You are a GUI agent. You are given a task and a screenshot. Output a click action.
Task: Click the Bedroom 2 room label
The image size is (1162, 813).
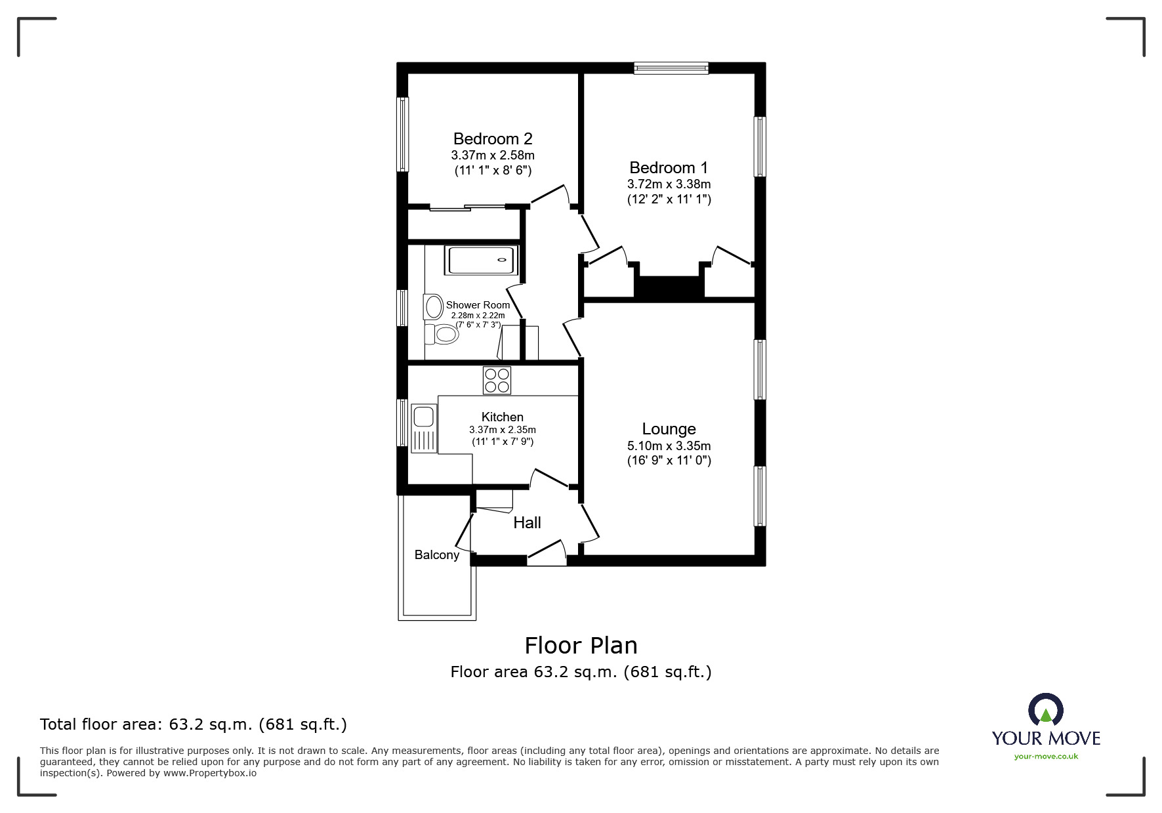[x=493, y=138]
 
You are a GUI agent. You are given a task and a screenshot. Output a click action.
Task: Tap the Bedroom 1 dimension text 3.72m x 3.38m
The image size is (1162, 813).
[x=669, y=184]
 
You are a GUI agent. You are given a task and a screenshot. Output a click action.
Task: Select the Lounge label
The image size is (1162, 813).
[x=669, y=428]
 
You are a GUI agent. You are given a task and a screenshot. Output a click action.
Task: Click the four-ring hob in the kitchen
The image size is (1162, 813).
[x=497, y=380]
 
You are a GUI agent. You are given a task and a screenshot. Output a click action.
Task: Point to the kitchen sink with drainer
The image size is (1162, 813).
[x=423, y=428]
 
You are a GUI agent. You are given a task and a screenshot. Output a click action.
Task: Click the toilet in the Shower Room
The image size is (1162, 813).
[x=442, y=335]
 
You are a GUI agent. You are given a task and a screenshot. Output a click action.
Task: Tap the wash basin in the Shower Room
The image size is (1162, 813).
[x=433, y=306]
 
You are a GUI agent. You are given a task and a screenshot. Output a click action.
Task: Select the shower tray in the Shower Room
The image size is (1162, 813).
[x=482, y=260]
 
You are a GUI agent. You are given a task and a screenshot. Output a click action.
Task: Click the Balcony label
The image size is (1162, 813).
[x=436, y=554]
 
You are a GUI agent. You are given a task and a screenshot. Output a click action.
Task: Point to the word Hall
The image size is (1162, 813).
[x=527, y=522]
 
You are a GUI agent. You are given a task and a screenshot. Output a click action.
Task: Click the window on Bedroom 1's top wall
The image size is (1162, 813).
[x=671, y=67]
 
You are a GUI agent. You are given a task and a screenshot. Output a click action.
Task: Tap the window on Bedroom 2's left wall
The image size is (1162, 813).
[x=403, y=135]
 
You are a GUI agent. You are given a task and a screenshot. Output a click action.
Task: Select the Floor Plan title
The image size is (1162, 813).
[x=581, y=645]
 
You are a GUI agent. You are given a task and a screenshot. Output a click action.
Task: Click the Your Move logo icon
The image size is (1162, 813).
[x=1045, y=711]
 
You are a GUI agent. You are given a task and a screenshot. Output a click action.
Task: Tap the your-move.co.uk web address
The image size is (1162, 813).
[x=1046, y=756]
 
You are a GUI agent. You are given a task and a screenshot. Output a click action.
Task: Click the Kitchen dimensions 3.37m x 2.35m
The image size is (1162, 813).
[x=502, y=430]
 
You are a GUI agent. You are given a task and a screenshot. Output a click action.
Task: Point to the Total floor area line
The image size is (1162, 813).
[x=194, y=724]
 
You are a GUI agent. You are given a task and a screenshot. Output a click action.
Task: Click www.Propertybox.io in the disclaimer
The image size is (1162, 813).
[x=209, y=773]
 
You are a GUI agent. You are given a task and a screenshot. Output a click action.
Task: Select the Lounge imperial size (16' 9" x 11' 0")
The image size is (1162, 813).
[x=669, y=460]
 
